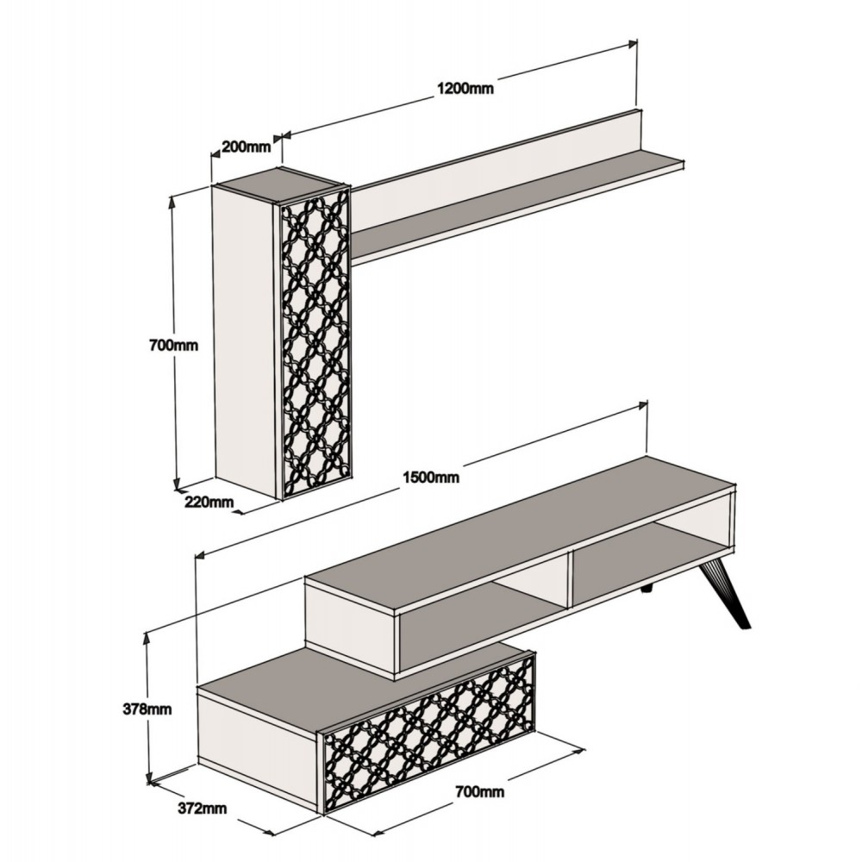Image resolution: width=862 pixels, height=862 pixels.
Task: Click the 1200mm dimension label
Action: (465, 88)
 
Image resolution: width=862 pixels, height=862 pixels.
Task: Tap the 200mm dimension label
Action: (246, 147)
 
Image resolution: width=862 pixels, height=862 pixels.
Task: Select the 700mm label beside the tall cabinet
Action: (173, 346)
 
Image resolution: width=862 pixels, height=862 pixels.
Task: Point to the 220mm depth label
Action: (209, 502)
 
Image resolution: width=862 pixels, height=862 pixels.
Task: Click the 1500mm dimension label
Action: (430, 477)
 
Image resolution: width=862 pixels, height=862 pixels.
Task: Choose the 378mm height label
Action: (147, 709)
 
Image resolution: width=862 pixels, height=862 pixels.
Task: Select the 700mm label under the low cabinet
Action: (479, 791)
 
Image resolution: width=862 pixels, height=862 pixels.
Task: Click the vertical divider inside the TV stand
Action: (570, 578)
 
